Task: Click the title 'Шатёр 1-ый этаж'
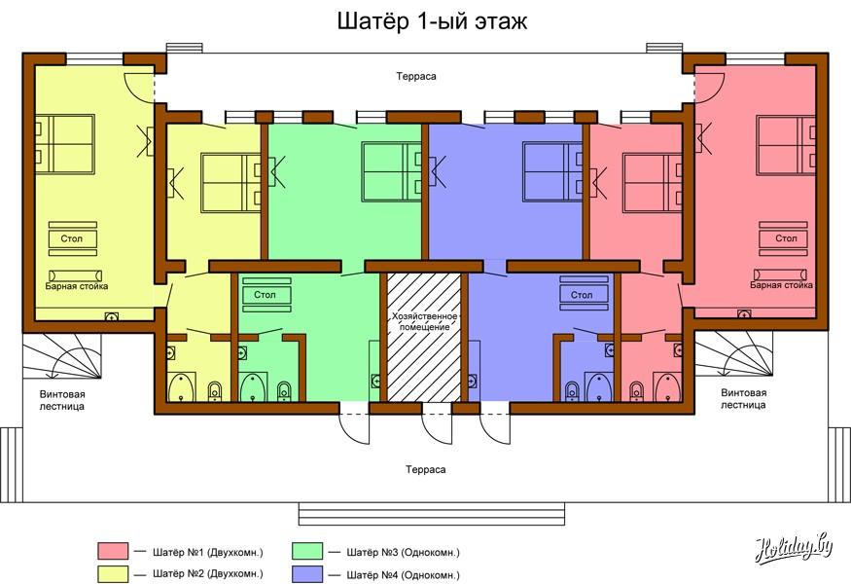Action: click(432, 21)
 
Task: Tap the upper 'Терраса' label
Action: click(415, 77)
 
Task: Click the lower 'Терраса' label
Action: click(426, 469)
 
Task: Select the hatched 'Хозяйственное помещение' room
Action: click(424, 338)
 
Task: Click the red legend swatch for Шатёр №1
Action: click(113, 551)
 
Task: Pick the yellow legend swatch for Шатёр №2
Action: click(113, 574)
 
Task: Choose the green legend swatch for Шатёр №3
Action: click(307, 551)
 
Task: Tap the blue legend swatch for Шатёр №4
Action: click(307, 574)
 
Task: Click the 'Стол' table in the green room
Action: click(266, 295)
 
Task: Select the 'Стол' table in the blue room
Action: click(584, 295)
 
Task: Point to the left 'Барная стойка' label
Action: click(77, 286)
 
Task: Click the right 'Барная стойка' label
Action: click(782, 284)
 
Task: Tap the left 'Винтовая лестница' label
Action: click(62, 400)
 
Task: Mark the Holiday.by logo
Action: click(793, 549)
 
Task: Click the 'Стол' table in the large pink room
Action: click(783, 238)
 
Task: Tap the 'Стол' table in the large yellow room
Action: click(73, 238)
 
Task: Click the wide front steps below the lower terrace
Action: click(432, 514)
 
